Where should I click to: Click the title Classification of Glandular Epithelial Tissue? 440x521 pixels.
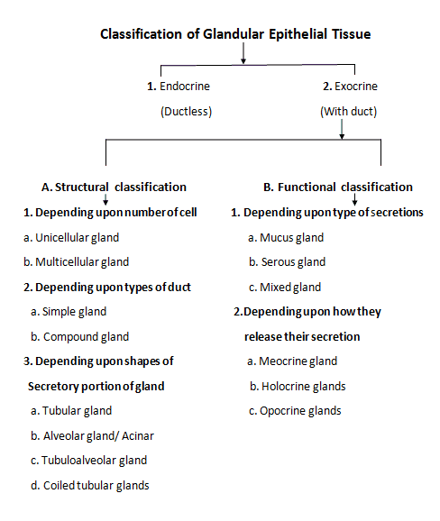(x=235, y=34)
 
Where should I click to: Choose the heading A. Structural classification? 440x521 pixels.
(x=115, y=187)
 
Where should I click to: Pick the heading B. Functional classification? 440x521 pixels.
(x=337, y=187)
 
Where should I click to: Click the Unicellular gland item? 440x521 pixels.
(x=71, y=237)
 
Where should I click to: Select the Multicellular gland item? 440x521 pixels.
(x=77, y=261)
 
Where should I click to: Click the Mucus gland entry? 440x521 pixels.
(x=288, y=237)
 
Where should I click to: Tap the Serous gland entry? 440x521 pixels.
(x=289, y=261)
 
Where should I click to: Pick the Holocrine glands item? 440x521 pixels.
(x=298, y=386)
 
